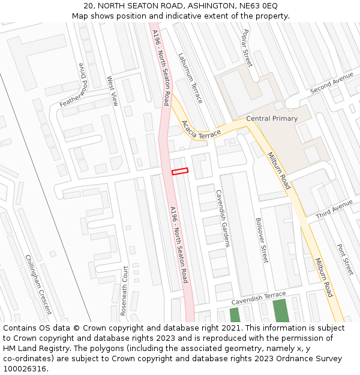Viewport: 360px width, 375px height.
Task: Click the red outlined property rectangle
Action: coord(180,172)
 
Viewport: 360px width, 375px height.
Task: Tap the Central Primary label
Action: coord(272,119)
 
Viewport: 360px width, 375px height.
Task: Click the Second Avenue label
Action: coord(332,83)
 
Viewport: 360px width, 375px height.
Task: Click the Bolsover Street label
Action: coord(262,240)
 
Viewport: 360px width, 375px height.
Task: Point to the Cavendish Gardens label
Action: coord(223,218)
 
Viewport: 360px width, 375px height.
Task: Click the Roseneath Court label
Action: coord(124,291)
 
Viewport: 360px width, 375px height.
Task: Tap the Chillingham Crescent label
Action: coord(38,284)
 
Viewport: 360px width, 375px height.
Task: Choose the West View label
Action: coord(112,91)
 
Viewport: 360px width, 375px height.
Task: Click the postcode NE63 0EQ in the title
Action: coord(259,5)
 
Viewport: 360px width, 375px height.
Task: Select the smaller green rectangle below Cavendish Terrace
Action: coord(235,315)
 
